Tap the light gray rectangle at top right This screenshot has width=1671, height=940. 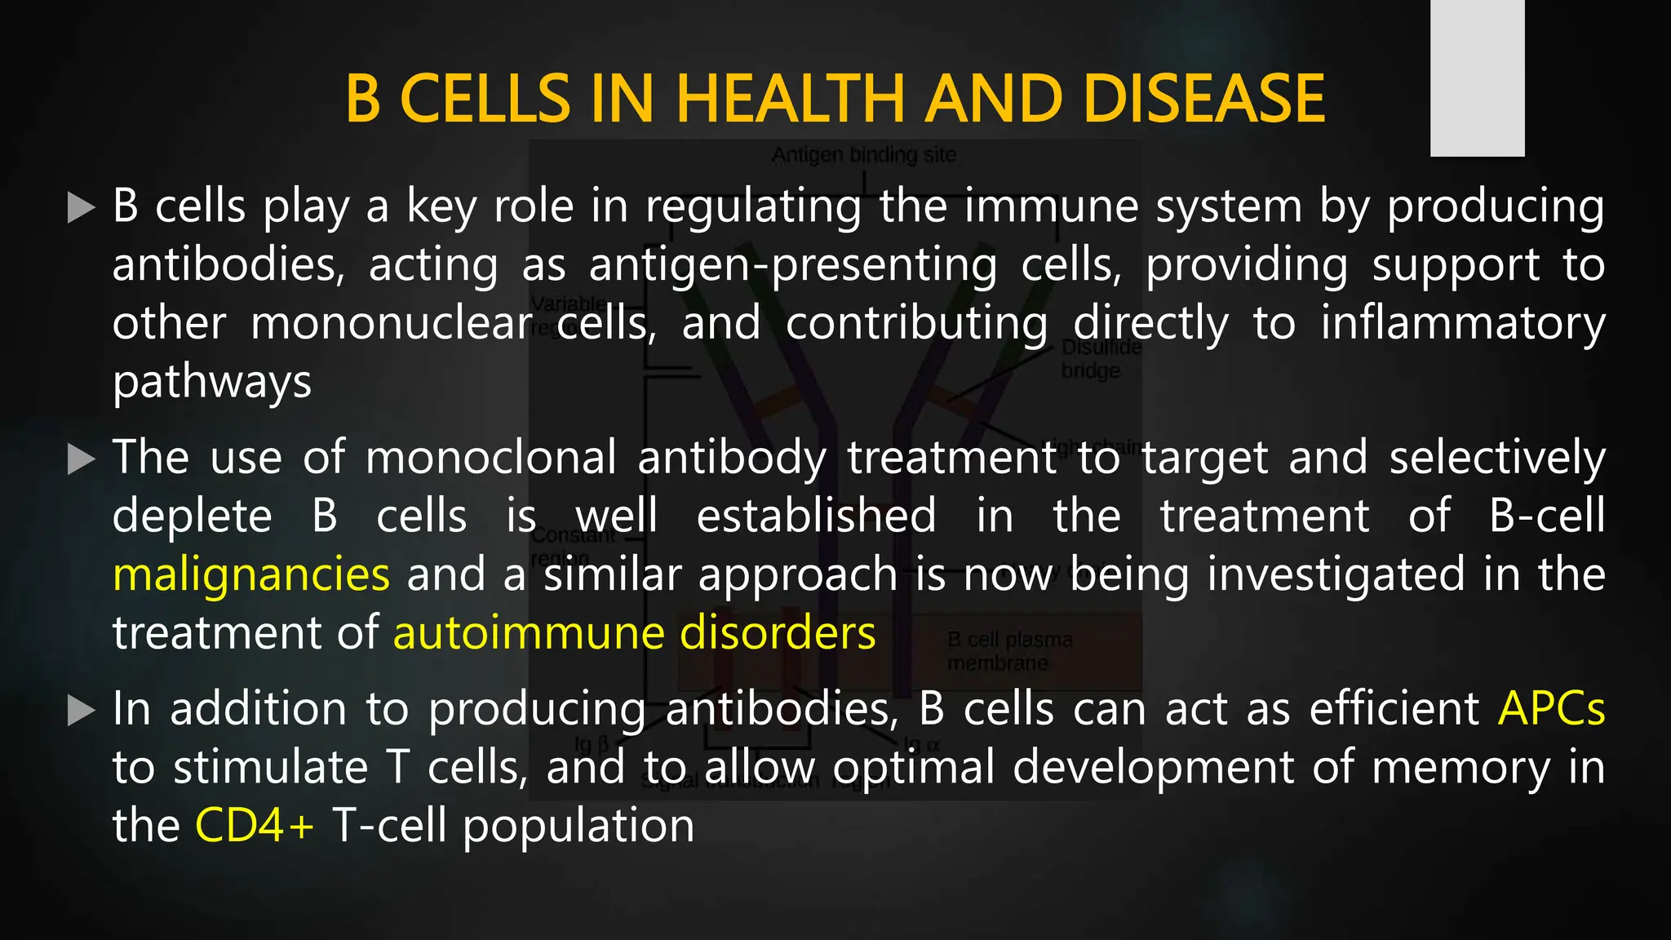pos(1477,78)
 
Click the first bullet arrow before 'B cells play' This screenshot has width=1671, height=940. pos(81,208)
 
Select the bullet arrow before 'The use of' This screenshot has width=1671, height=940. pos(81,459)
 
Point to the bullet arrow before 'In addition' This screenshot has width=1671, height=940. pos(81,711)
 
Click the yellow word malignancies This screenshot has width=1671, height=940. pos(251,575)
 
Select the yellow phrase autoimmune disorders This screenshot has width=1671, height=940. pos(634,634)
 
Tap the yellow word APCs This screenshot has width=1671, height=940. pos(1551,709)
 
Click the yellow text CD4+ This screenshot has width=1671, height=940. pos(254,827)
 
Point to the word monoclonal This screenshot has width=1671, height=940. pos(490,458)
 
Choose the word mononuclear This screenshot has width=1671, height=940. pos(392,324)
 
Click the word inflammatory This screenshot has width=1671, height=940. pos(1462,324)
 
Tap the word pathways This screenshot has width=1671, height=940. pos(212,383)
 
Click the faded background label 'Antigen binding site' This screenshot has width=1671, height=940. pos(863,155)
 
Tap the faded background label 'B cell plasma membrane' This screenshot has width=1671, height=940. pos(1009,651)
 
